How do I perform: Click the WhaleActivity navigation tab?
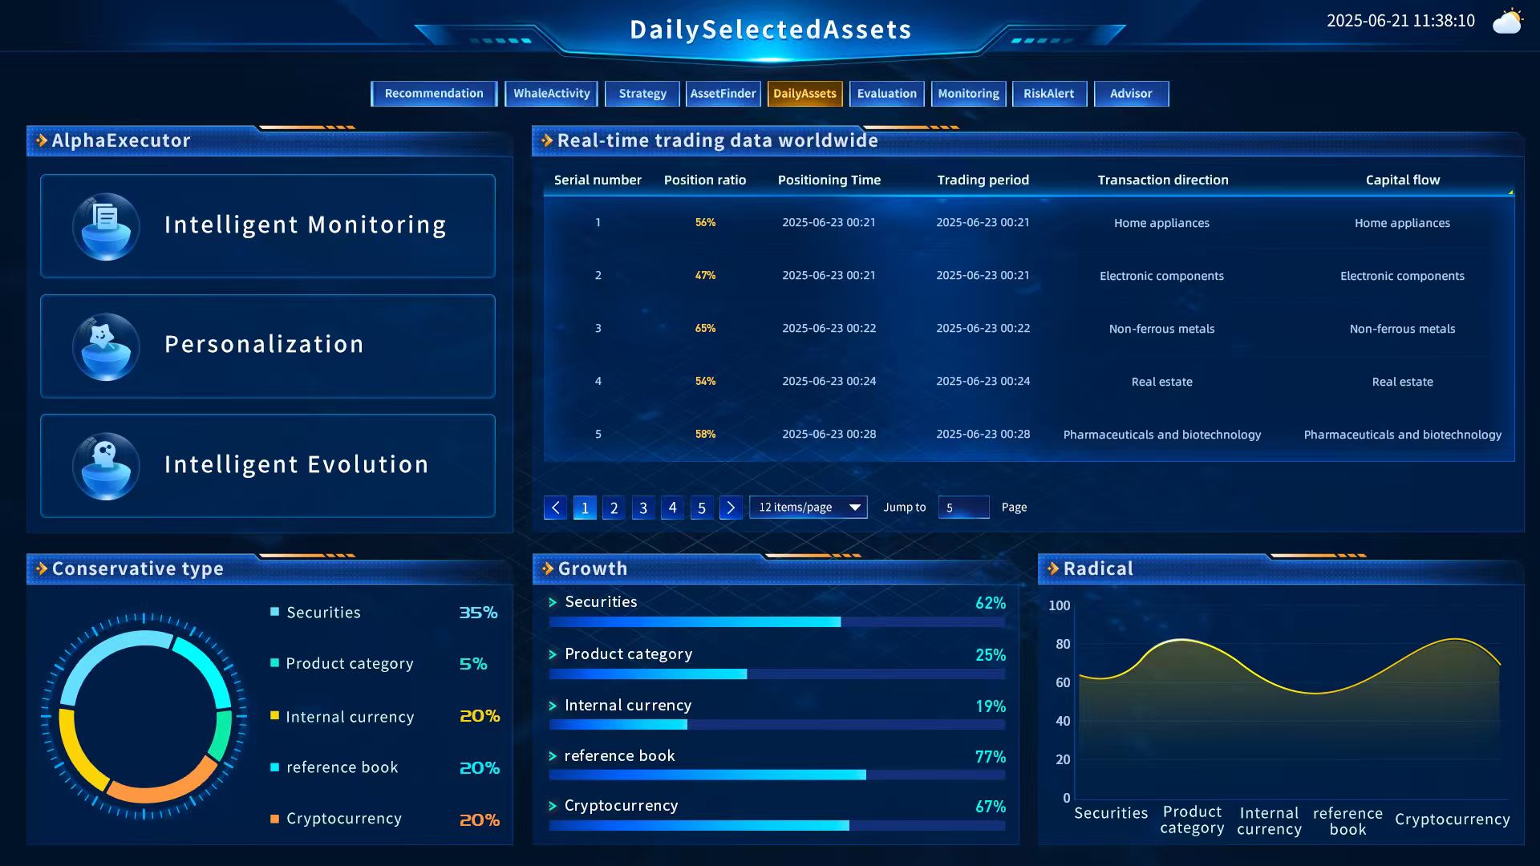551,94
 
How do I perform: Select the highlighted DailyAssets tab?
804,94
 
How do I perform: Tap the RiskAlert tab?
1048,94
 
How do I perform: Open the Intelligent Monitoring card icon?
106,226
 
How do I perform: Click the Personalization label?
264,345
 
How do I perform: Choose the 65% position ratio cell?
705,328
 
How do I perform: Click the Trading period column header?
983,180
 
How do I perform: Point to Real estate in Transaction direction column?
1161,382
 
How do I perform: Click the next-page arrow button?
730,508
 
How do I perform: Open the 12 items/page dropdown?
808,508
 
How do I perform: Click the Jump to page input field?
963,508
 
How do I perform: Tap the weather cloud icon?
1507,22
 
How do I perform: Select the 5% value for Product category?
472,664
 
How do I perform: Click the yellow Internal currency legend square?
275,715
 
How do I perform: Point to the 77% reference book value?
990,757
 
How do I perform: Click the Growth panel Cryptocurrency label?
621,806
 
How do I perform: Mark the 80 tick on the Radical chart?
1063,644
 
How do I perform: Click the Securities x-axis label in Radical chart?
1111,813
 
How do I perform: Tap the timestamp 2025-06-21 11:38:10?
1400,21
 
